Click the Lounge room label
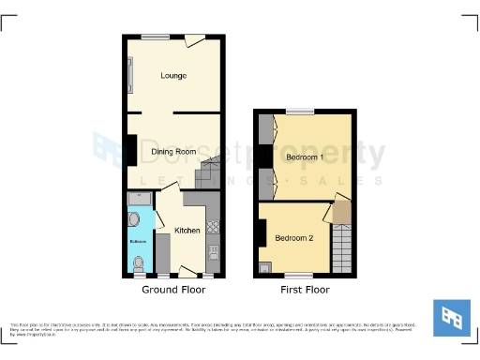(172, 75)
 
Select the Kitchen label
(187, 230)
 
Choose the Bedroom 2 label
(293, 237)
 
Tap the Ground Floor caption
(174, 290)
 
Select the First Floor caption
(305, 290)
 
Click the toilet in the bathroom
(140, 266)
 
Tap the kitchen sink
(213, 251)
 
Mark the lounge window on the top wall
(156, 37)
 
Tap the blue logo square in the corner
(451, 318)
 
